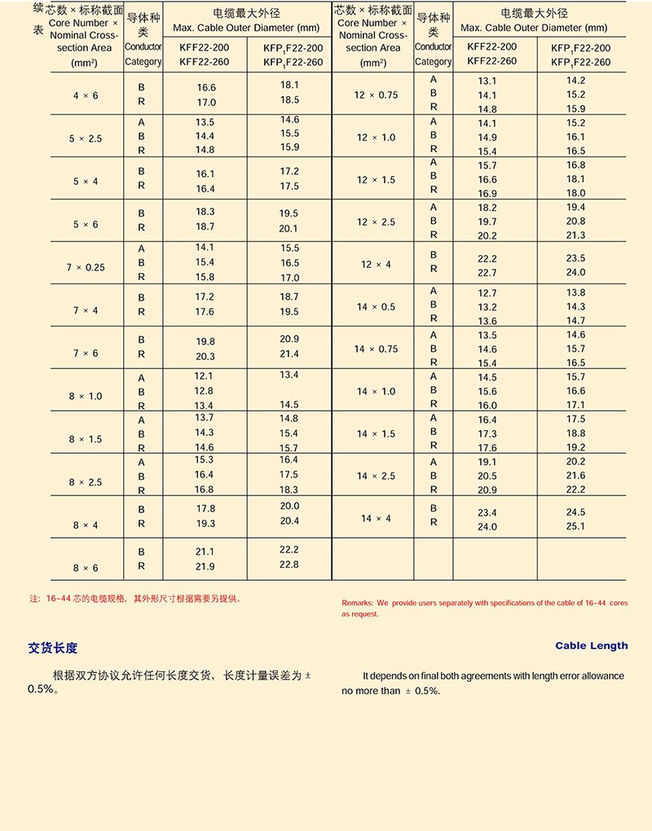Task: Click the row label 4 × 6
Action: point(85,95)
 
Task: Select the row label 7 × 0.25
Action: point(86,267)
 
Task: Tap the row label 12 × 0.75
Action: point(376,95)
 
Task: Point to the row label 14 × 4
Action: point(376,519)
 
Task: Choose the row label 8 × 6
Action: point(85,568)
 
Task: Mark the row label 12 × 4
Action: point(376,265)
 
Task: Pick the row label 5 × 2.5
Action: point(85,138)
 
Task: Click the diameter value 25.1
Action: point(575,526)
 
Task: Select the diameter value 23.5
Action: point(575,258)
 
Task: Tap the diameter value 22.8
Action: point(289,565)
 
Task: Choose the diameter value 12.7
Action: point(487,293)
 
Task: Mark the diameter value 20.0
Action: point(289,506)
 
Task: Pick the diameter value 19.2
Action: point(575,447)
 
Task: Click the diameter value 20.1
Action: point(289,229)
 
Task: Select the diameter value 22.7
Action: point(487,273)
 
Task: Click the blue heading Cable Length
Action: point(592,646)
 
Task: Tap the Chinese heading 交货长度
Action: point(53,649)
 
